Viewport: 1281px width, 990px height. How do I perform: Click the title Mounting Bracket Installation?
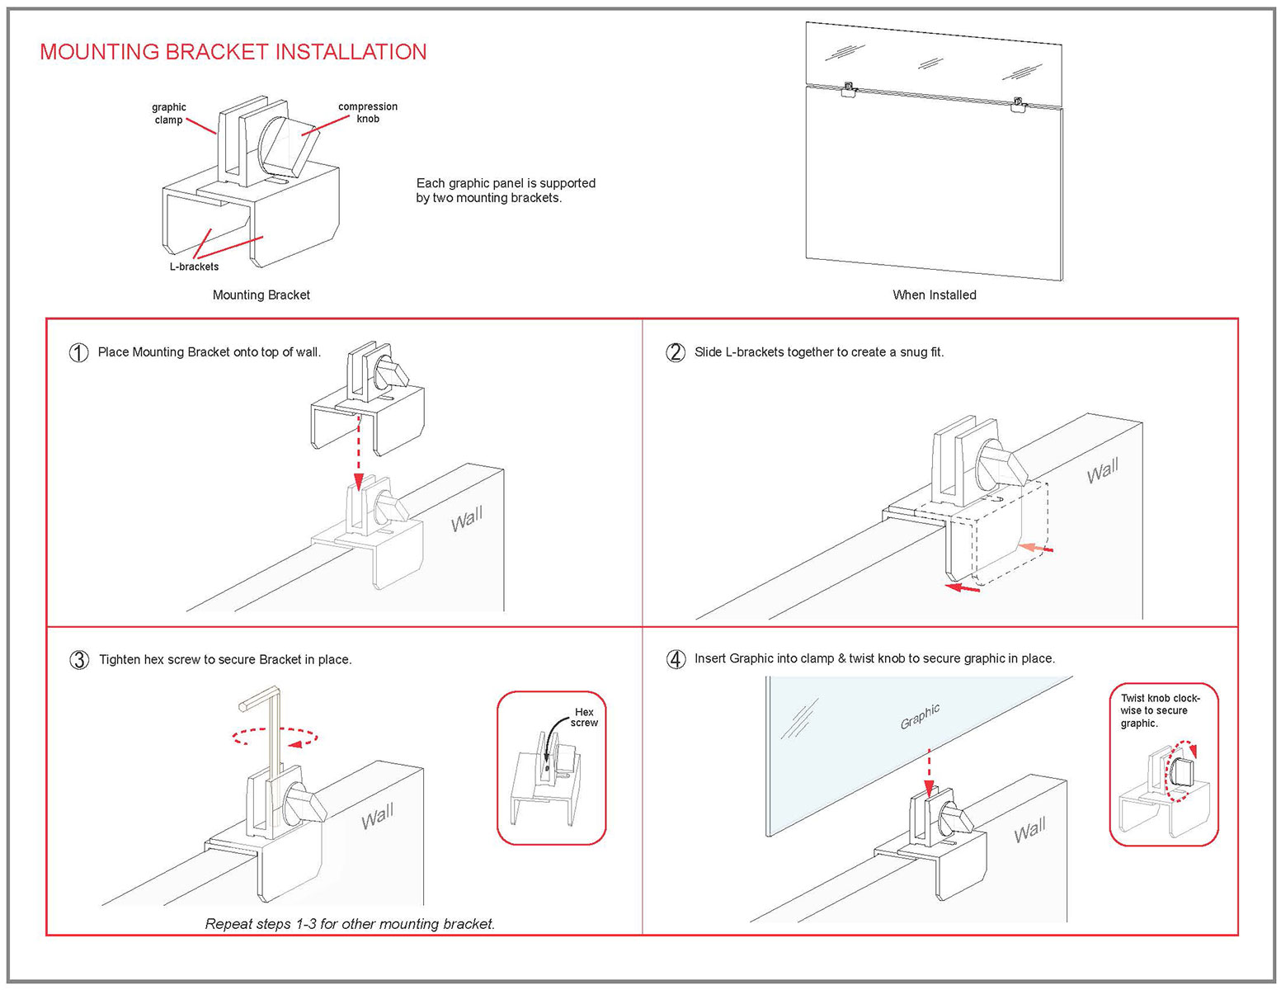tap(233, 52)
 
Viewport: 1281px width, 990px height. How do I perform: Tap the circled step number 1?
tap(78, 353)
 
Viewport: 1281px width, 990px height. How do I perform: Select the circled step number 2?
tap(675, 352)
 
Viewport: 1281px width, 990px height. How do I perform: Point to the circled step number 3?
tap(79, 660)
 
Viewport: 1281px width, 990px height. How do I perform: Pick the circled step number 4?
tap(676, 659)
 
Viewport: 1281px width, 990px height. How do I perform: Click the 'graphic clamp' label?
tap(169, 114)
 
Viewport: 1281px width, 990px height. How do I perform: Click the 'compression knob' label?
tap(367, 112)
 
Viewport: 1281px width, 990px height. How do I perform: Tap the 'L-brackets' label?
tap(195, 266)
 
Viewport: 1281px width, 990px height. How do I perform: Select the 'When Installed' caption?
tap(934, 295)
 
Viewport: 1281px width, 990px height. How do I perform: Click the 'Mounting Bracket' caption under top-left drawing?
tap(261, 295)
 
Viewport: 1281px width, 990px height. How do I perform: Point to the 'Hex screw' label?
tap(584, 717)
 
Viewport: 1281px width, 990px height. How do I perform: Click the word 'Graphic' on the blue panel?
tap(920, 716)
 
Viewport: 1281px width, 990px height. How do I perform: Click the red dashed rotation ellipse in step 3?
tap(275, 737)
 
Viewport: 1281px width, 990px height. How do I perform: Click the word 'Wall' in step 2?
tap(1103, 472)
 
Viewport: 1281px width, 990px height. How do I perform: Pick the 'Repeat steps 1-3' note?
tap(350, 924)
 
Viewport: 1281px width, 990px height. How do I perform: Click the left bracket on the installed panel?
tap(848, 90)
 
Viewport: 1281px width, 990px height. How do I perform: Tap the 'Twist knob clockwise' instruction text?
tap(1159, 710)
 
